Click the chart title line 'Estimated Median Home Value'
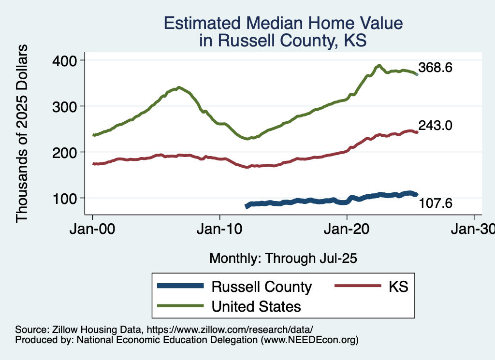[x=283, y=24]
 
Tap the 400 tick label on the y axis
[x=66, y=60]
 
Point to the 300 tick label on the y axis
[x=66, y=106]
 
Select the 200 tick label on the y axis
[x=66, y=152]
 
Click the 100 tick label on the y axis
[x=66, y=198]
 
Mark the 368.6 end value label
[x=435, y=68]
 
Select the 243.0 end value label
[x=435, y=126]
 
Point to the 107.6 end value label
[x=435, y=203]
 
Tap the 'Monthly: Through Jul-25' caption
[x=283, y=259]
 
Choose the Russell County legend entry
[x=262, y=287]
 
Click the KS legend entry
[x=398, y=287]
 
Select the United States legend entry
[x=256, y=306]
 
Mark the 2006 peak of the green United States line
[x=179, y=87]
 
